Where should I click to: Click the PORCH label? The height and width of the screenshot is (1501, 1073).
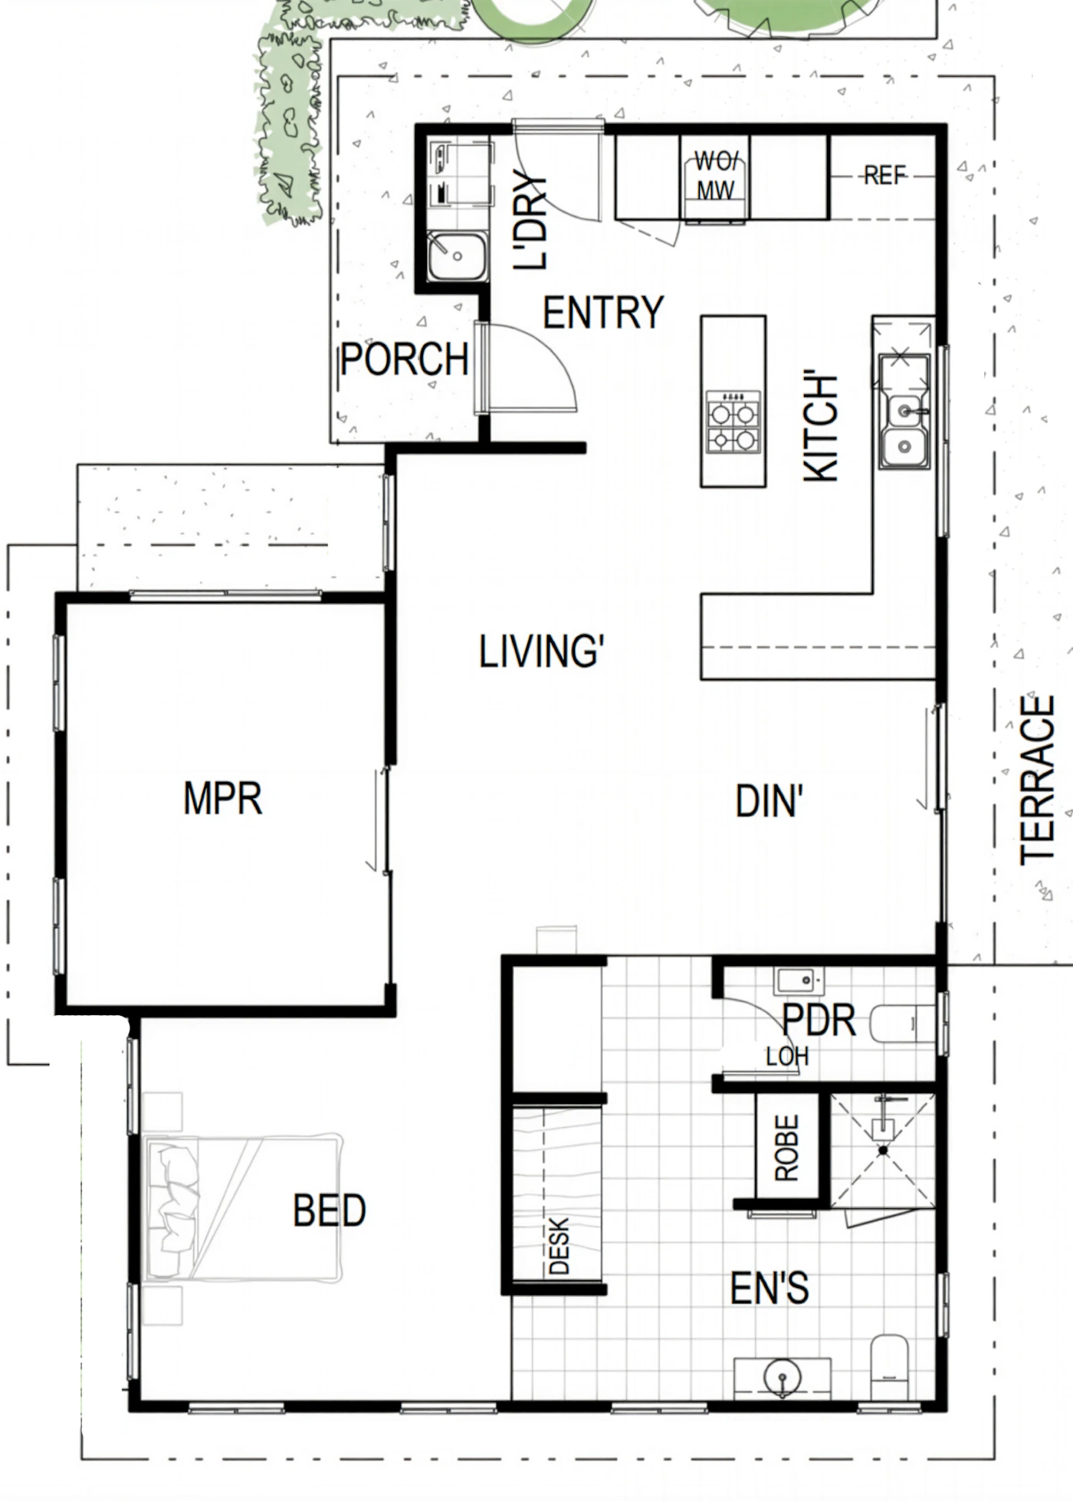tap(404, 359)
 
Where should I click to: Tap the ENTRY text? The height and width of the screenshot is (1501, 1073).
tap(603, 312)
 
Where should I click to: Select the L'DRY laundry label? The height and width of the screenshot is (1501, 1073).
tap(530, 222)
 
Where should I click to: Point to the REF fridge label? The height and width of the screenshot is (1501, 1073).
tap(885, 176)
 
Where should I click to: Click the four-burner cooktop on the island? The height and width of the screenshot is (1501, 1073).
tap(733, 422)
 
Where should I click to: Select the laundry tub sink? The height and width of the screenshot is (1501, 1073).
tap(457, 255)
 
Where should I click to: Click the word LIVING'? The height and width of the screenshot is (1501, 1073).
tap(541, 652)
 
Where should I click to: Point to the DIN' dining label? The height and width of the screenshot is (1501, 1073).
tap(769, 801)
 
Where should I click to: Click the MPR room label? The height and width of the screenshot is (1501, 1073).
tap(223, 798)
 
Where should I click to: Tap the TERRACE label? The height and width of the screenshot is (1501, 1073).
tap(1038, 780)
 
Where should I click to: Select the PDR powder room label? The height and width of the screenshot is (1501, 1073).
tap(819, 1020)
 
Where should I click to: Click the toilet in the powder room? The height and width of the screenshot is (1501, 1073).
tap(903, 1023)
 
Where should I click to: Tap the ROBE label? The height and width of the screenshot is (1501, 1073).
tap(787, 1148)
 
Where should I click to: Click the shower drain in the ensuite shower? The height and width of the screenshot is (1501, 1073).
tap(883, 1151)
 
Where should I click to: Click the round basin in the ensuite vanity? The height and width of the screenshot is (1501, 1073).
tap(783, 1377)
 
